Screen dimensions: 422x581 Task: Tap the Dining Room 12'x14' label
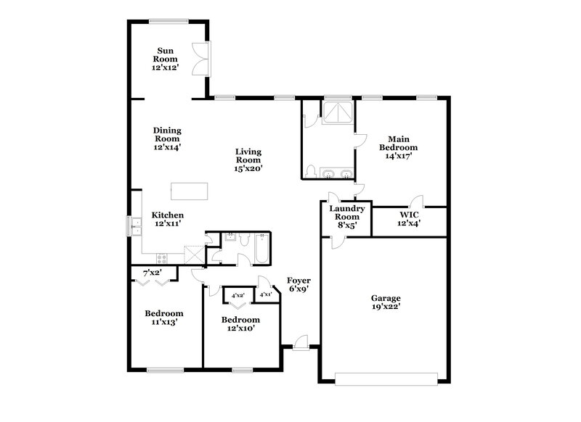click(166, 138)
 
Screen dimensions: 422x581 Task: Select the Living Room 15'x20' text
click(248, 160)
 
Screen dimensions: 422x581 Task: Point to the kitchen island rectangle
click(189, 191)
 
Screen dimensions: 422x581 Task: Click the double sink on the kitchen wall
click(134, 226)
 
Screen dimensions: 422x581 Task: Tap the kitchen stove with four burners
click(161, 257)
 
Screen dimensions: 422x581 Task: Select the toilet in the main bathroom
click(311, 172)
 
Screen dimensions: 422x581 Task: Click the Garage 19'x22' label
click(385, 302)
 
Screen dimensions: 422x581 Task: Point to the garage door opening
click(386, 377)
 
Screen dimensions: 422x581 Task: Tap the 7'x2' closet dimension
click(152, 273)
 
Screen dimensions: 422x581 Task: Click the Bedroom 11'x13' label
click(163, 318)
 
